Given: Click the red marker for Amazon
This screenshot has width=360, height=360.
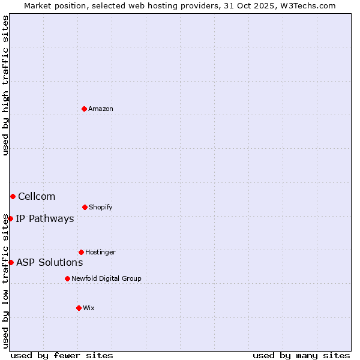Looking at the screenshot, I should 85,109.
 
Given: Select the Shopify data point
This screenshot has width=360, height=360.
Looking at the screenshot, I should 85,207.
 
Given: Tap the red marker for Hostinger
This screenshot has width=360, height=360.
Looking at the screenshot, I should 81,252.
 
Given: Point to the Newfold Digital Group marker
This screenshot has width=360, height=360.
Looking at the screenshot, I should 67,278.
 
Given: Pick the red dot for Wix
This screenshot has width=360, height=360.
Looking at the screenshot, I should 79,308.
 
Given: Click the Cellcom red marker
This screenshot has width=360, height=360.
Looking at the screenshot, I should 13,196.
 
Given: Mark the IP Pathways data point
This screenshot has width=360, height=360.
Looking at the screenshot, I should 10,218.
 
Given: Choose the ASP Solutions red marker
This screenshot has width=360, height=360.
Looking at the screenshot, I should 11,262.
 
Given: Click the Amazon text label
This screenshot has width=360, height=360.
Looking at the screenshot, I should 101,109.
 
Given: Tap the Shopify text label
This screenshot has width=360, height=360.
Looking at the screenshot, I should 101,207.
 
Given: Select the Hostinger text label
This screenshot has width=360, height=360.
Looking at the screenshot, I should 100,252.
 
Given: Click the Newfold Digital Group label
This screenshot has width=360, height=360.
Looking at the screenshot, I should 106,278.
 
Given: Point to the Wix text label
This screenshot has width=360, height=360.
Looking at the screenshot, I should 89,308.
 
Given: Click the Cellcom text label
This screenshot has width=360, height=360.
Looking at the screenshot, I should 37,196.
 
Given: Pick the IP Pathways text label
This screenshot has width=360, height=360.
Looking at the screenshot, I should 45,218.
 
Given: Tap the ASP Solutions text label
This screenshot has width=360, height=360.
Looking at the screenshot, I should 49,262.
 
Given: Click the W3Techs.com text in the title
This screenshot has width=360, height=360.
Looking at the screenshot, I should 307,5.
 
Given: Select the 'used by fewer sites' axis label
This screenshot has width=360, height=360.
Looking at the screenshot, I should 62,355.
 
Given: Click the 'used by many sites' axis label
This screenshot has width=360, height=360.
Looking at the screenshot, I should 301,355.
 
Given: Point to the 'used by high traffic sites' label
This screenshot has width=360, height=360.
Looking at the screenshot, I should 5,85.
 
